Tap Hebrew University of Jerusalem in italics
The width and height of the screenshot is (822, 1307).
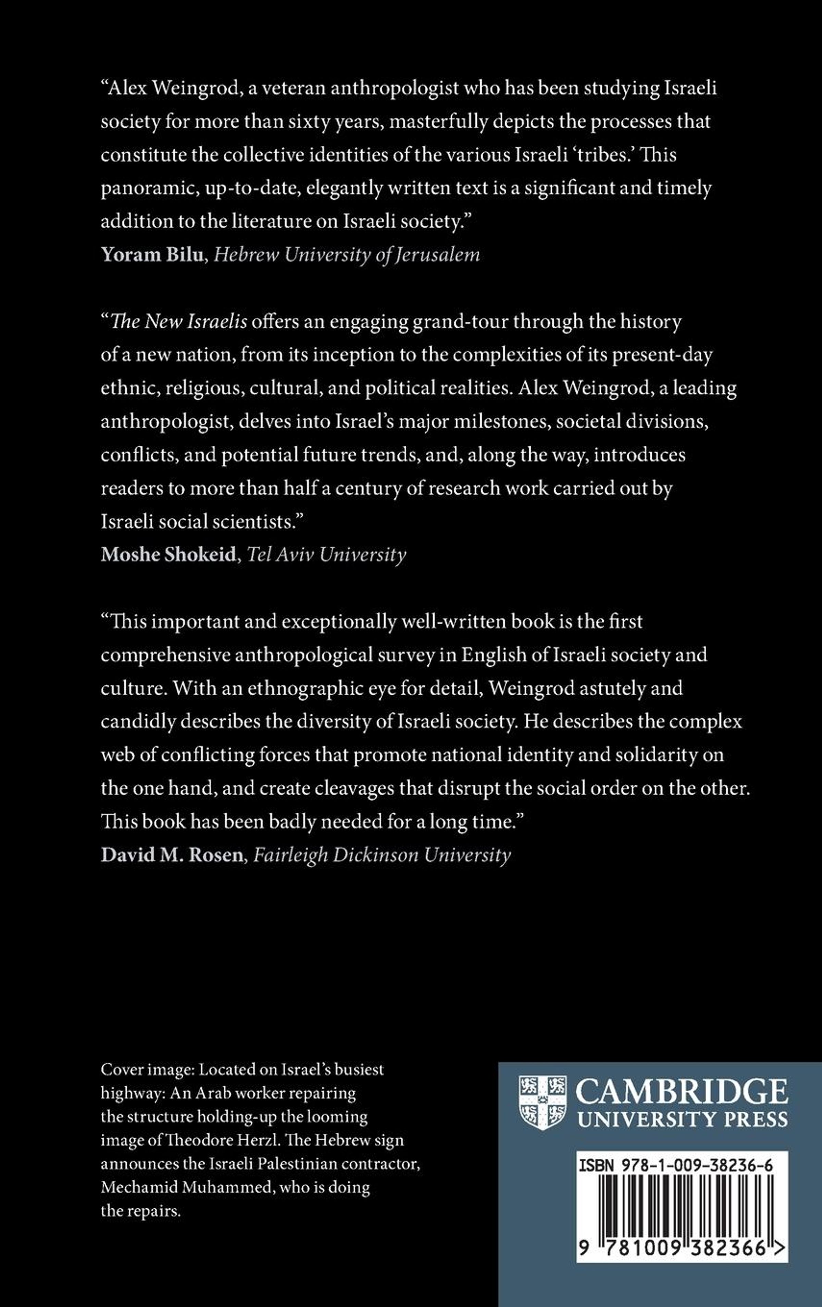tap(346, 255)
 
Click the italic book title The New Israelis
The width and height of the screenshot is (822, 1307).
tap(179, 322)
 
